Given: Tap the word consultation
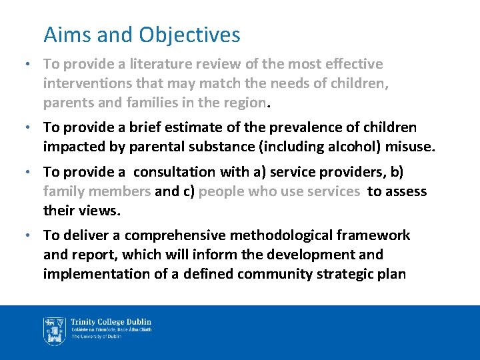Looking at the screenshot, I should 175,172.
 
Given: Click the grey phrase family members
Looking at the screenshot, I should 97,191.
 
